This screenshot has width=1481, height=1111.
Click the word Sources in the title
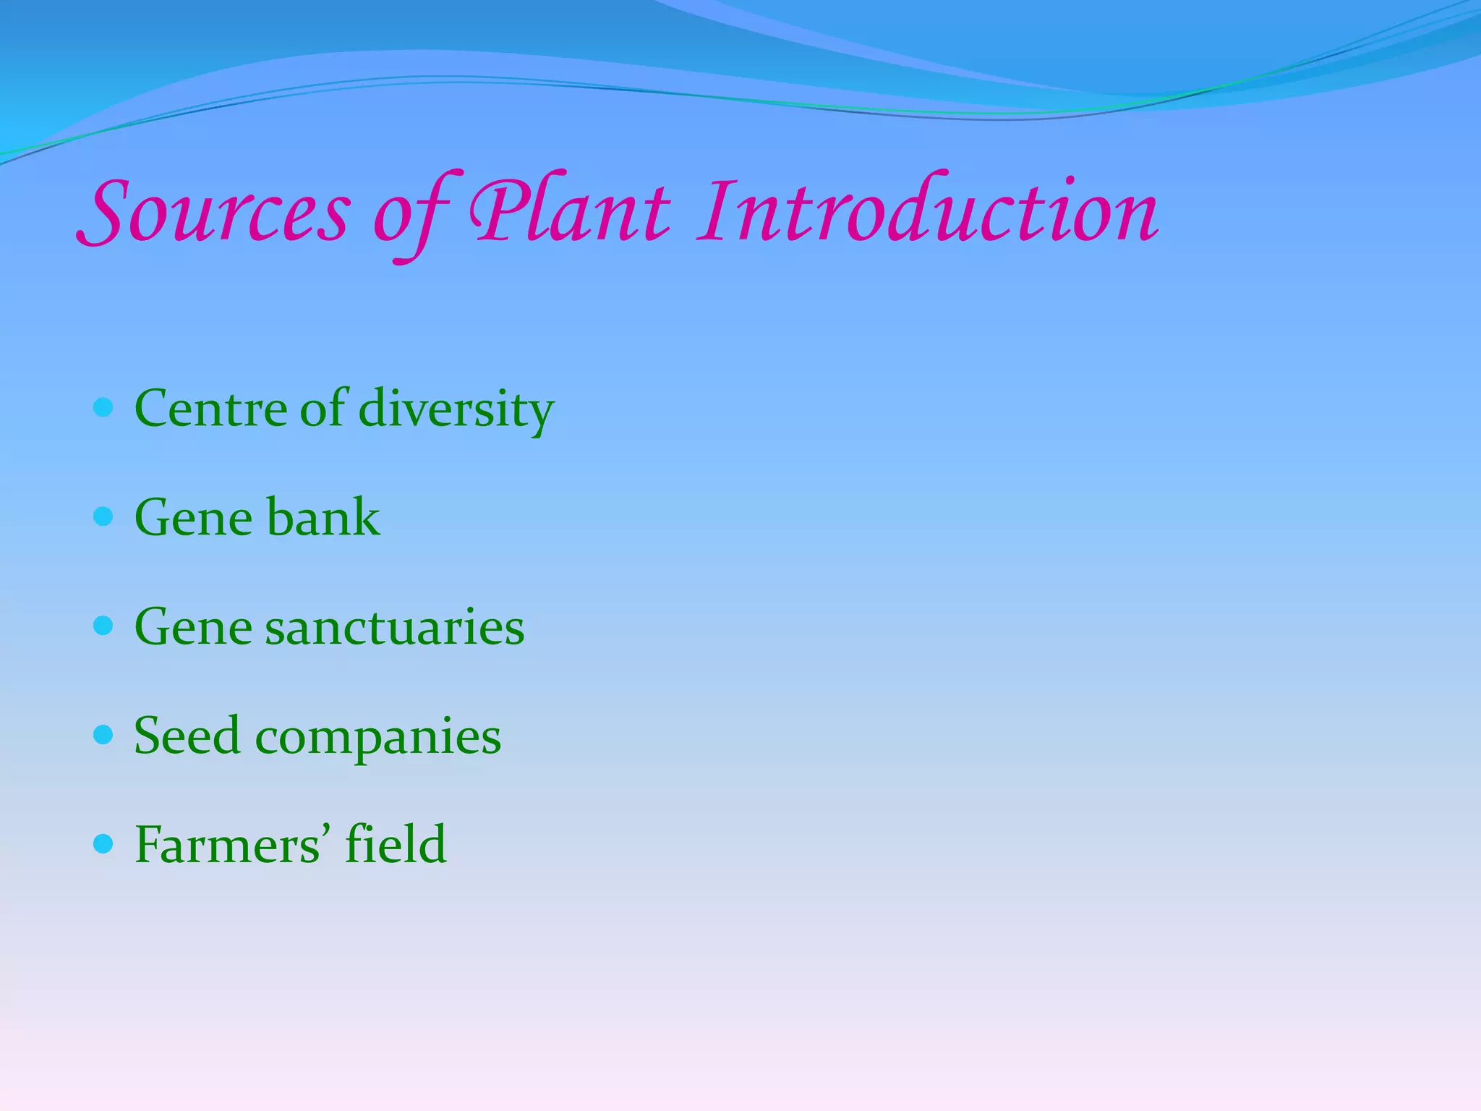click(214, 211)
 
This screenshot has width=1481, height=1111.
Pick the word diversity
click(456, 410)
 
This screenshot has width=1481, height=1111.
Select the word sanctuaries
click(394, 627)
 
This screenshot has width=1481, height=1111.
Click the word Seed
click(187, 736)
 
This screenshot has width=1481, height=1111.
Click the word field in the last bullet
click(396, 844)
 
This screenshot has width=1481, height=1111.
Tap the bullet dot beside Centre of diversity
click(104, 408)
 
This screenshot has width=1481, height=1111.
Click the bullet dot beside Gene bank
click(104, 516)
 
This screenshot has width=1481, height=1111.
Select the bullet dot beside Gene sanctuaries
click(104, 626)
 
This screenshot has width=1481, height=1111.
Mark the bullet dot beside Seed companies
click(104, 735)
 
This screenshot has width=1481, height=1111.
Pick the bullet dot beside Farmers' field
click(104, 843)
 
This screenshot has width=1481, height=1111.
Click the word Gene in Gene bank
click(193, 518)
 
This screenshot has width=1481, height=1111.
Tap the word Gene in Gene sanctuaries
click(193, 627)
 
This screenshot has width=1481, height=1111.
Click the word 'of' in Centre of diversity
click(323, 409)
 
